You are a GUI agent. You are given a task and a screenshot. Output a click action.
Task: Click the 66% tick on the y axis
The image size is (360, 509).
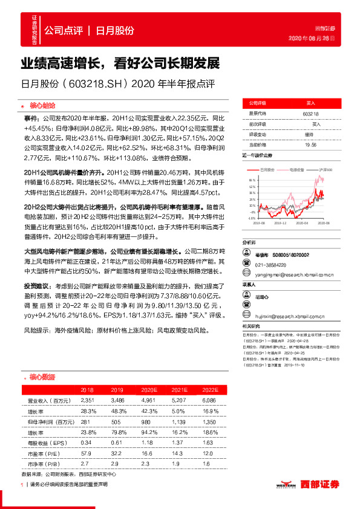(251, 180)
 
